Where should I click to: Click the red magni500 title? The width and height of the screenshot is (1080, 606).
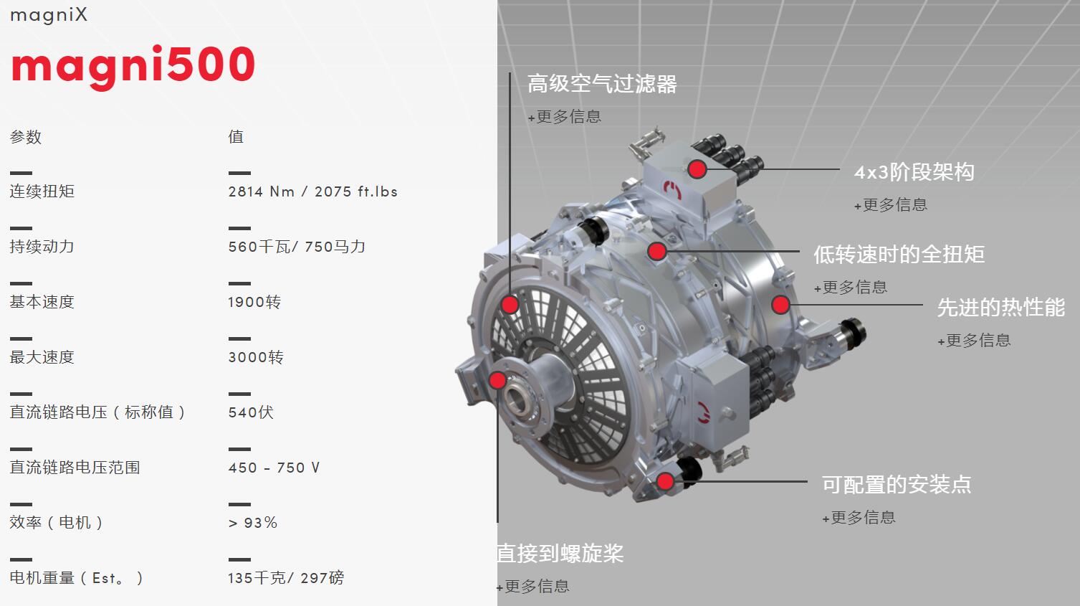point(133,67)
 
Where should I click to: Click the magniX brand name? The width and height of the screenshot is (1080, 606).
point(49,15)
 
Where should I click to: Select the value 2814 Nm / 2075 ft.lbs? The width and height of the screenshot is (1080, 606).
point(313,191)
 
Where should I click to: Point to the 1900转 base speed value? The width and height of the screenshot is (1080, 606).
point(254,302)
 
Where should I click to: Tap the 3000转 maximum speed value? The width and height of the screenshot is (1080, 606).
point(256,357)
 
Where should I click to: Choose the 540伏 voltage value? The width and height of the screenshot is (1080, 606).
point(251,412)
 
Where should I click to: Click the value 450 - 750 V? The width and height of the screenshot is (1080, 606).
point(274,468)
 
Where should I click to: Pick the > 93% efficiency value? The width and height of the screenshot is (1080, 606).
point(253,523)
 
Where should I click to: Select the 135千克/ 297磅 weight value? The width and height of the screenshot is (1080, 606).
point(286,577)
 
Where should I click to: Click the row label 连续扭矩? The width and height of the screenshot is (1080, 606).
point(42,191)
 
